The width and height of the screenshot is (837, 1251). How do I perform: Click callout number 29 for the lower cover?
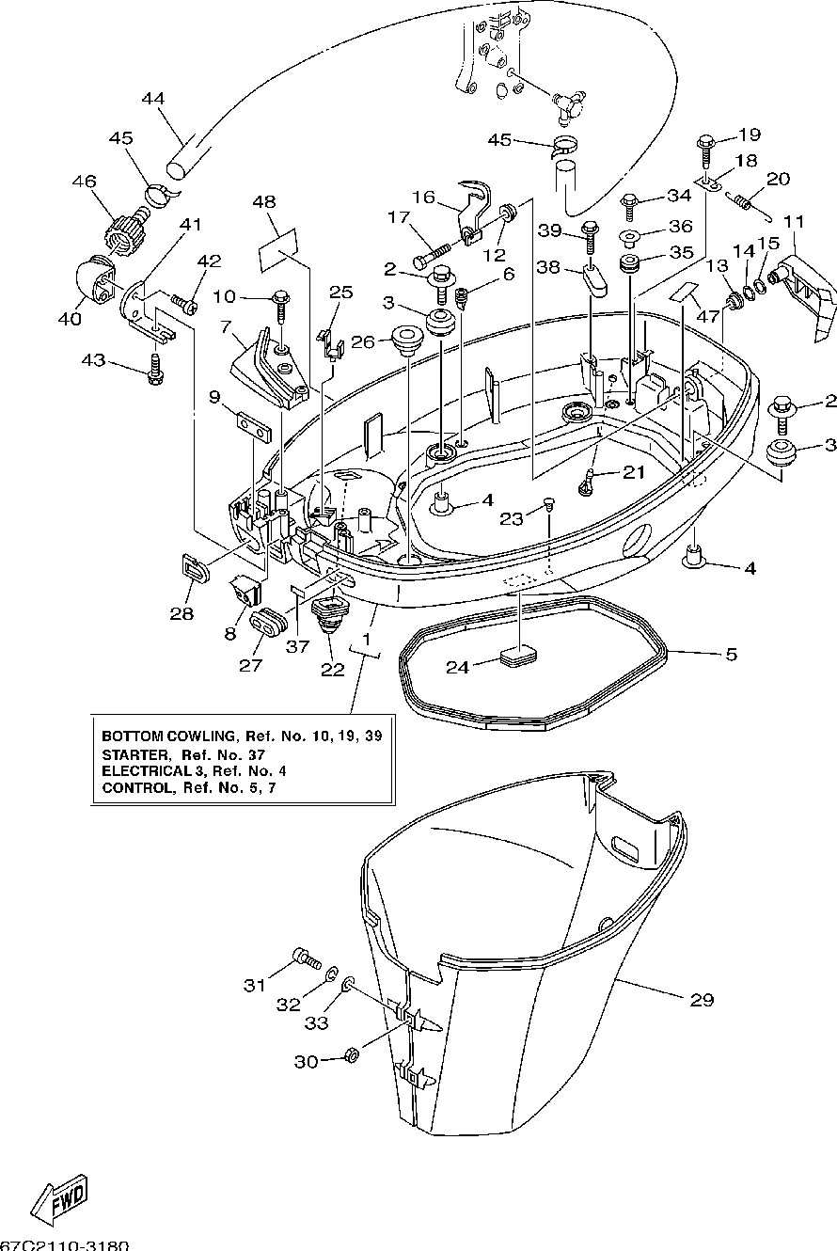coord(702,999)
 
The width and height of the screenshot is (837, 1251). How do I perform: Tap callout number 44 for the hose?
coord(153,99)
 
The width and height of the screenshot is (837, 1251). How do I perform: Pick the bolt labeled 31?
coord(306,958)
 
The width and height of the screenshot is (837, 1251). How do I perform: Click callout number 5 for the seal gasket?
coord(732,654)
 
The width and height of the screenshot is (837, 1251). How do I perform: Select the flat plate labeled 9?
coord(254,427)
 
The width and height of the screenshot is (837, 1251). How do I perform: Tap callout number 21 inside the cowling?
coord(633,472)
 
